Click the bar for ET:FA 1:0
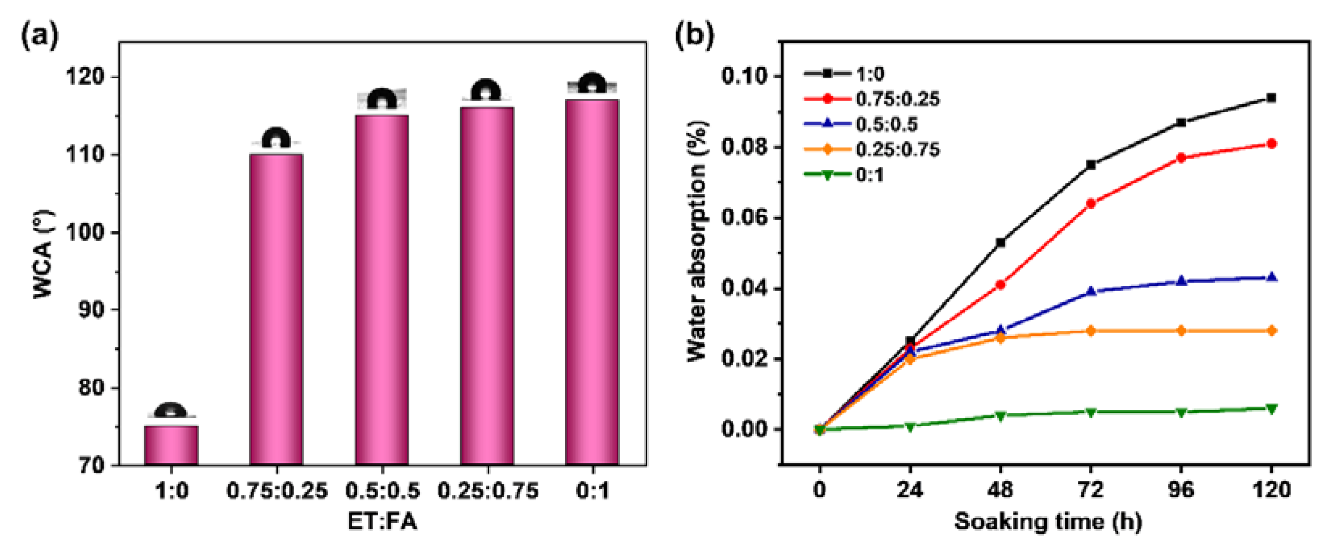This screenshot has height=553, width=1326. (x=171, y=445)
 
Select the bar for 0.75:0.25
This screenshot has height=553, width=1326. (x=276, y=309)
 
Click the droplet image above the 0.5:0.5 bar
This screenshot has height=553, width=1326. (x=382, y=99)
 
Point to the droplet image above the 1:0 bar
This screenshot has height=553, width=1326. (x=171, y=411)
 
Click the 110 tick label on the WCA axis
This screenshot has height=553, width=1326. (x=85, y=154)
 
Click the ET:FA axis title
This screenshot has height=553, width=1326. (x=382, y=522)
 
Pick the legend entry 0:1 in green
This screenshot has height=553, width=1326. (x=869, y=175)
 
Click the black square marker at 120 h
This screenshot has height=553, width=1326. (x=1271, y=97)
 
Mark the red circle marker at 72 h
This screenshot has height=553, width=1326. (x=1090, y=203)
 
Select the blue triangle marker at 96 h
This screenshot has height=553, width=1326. (x=1181, y=281)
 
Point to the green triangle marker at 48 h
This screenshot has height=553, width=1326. (x=1000, y=415)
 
